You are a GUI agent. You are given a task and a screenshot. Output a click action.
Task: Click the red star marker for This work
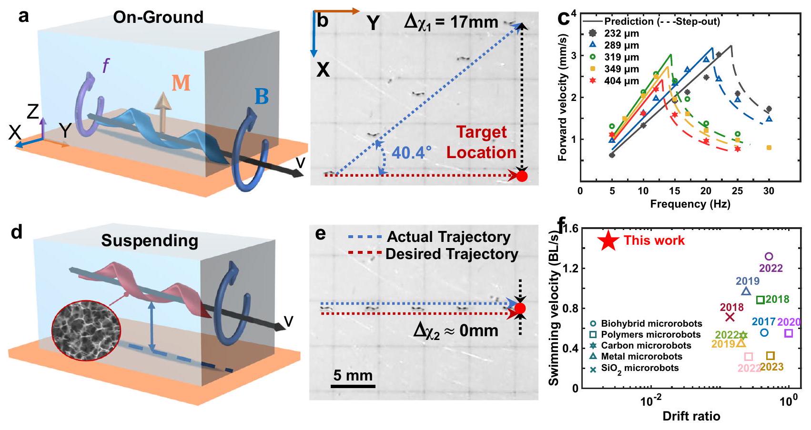pyautogui.click(x=608, y=240)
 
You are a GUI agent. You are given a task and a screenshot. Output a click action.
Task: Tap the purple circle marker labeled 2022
pyautogui.click(x=768, y=257)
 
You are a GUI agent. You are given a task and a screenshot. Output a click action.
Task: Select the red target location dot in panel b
pyautogui.click(x=522, y=176)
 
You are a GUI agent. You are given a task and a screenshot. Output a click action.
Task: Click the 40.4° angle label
pyautogui.click(x=412, y=152)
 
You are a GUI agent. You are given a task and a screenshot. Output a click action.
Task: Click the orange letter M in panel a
pyautogui.click(x=181, y=83)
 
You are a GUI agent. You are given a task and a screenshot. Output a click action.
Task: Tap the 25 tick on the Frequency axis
pyautogui.click(x=737, y=191)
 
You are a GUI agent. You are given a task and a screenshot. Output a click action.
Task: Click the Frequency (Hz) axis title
pyautogui.click(x=690, y=204)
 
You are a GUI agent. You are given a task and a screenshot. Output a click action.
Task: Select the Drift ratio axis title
pyautogui.click(x=691, y=416)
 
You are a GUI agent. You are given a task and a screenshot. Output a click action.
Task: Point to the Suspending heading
pyautogui.click(x=150, y=241)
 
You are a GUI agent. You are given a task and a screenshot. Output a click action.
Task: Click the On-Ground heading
pyautogui.click(x=158, y=18)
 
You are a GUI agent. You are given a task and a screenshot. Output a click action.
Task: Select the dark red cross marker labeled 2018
pyautogui.click(x=730, y=317)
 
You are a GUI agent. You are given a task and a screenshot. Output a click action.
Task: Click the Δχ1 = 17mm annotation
pyautogui.click(x=451, y=22)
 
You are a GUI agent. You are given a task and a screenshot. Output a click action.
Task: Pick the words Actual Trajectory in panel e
pyautogui.click(x=448, y=237)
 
